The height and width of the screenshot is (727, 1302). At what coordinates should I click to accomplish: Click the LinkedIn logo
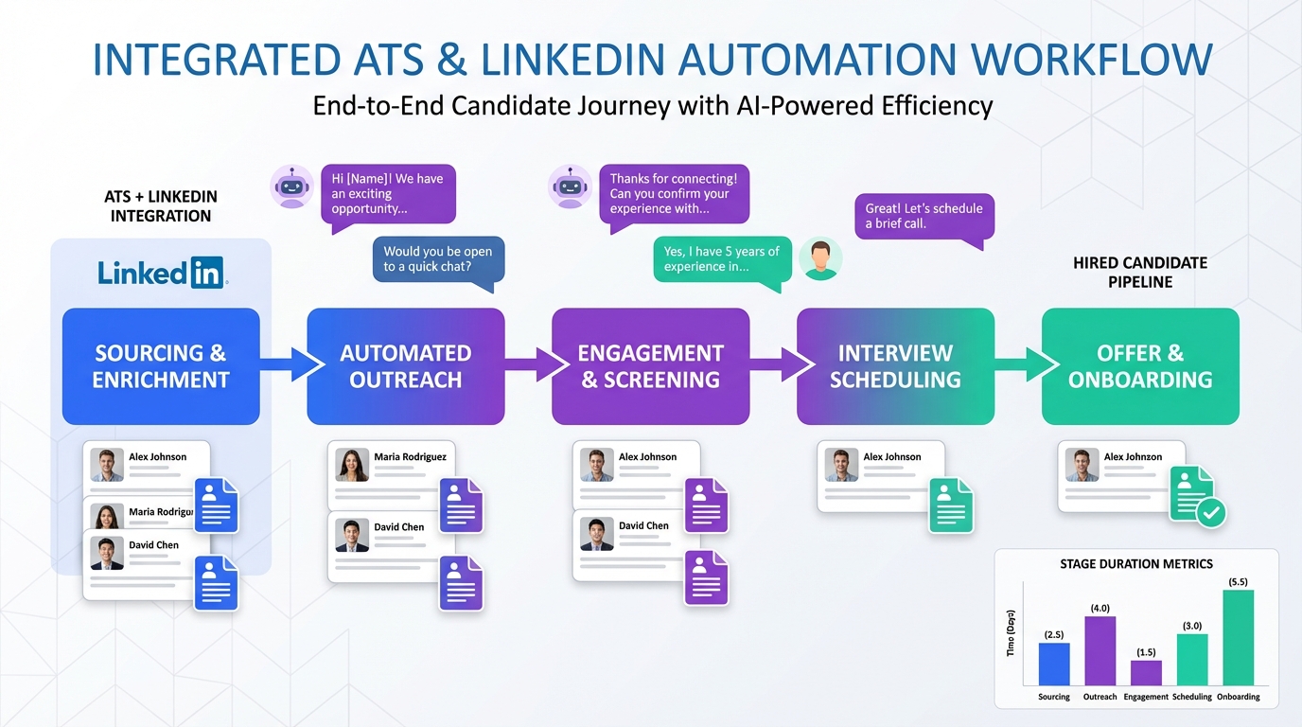pyautogui.click(x=162, y=273)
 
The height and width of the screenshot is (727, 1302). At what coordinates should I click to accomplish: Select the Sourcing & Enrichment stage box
pyautogui.click(x=161, y=366)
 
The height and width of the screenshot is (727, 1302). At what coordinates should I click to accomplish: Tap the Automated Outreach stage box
pyautogui.click(x=406, y=366)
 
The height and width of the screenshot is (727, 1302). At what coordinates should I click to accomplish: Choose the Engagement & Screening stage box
pyautogui.click(x=650, y=366)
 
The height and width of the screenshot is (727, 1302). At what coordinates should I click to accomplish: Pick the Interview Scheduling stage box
pyautogui.click(x=895, y=366)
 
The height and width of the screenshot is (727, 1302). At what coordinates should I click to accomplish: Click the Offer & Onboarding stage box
pyautogui.click(x=1140, y=366)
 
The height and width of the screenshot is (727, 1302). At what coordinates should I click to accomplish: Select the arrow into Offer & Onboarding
pyautogui.click(x=1027, y=364)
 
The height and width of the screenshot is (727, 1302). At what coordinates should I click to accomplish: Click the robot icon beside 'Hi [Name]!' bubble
pyautogui.click(x=291, y=186)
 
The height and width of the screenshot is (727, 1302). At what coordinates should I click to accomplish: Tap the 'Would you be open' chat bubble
pyautogui.click(x=438, y=259)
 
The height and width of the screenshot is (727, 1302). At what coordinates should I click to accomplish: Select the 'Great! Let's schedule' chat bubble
pyautogui.click(x=924, y=216)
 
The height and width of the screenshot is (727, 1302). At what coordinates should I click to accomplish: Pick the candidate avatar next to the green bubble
pyautogui.click(x=819, y=259)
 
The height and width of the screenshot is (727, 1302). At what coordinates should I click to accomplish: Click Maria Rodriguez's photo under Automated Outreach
pyautogui.click(x=353, y=465)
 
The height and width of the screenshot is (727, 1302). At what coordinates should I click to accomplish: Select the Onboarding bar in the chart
pyautogui.click(x=1238, y=637)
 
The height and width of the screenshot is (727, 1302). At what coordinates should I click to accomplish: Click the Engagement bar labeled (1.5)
pyautogui.click(x=1146, y=672)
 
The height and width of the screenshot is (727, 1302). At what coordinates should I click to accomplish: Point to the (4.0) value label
pyautogui.click(x=1100, y=608)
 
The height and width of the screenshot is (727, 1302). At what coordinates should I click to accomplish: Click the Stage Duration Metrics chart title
pyautogui.click(x=1135, y=563)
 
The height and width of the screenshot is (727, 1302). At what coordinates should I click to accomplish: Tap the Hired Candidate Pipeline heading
pyautogui.click(x=1139, y=272)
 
